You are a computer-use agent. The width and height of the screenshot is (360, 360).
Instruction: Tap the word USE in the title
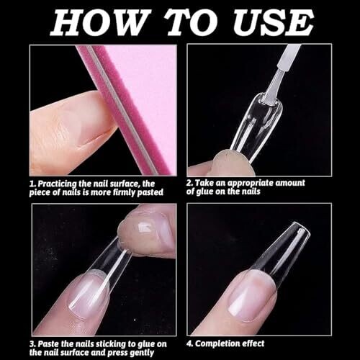click(273, 22)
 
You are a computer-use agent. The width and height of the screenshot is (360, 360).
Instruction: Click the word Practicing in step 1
click(57, 184)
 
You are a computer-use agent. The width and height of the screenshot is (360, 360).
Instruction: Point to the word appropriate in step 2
click(250, 184)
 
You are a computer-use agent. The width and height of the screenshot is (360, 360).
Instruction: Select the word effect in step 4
click(253, 343)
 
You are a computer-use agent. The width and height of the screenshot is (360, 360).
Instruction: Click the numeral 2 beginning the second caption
click(189, 183)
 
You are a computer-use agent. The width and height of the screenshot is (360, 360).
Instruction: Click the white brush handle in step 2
click(289, 55)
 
